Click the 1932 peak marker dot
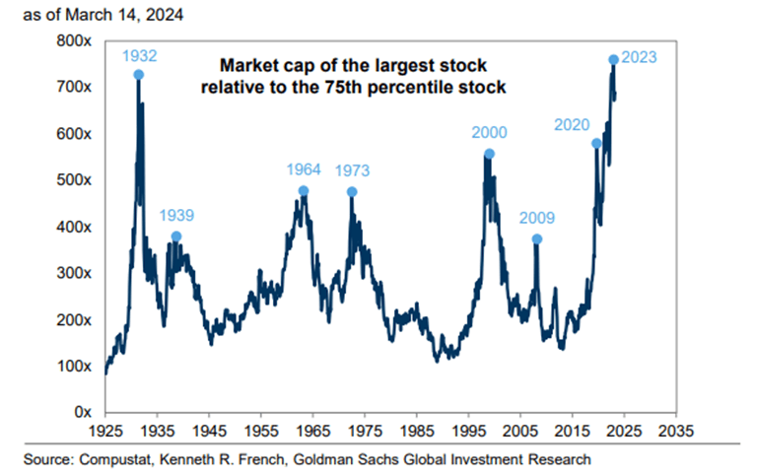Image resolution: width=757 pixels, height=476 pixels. point(139,74)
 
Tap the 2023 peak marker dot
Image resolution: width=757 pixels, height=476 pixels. point(613,60)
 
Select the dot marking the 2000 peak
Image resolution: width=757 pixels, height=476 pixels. point(489,154)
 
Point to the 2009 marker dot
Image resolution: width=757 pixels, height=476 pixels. point(537,238)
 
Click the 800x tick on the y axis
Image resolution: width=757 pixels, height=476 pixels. point(75,41)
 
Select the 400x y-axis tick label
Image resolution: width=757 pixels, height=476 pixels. point(75,227)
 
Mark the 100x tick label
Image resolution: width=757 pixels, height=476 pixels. point(75,366)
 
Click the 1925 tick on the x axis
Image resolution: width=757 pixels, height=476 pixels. point(104,432)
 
